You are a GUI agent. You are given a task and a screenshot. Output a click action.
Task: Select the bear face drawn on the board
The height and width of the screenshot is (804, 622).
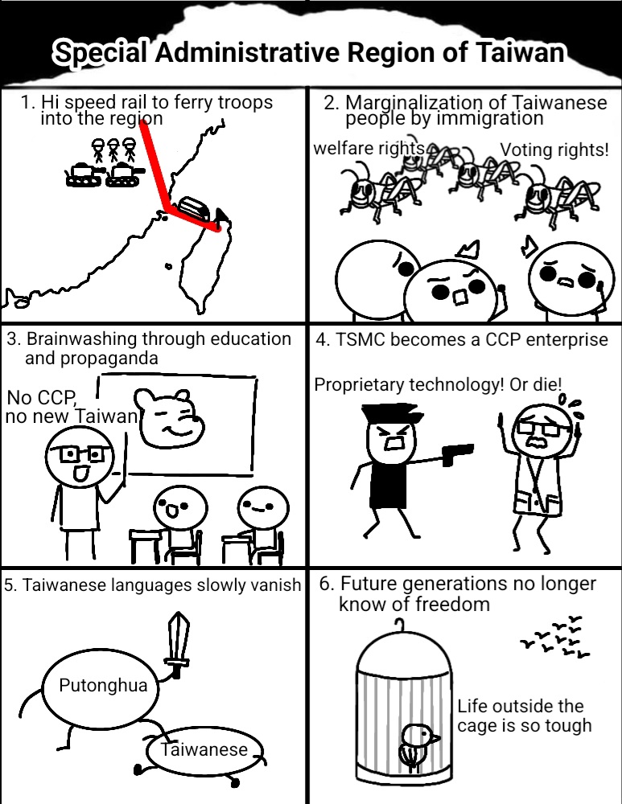pos(168,418)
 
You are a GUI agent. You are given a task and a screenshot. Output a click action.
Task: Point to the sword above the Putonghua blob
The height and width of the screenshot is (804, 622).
pos(178,645)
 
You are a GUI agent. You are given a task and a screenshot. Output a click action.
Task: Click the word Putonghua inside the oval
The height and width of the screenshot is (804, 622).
pos(103,686)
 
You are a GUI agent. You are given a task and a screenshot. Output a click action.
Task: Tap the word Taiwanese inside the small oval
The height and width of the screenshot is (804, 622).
pos(204,749)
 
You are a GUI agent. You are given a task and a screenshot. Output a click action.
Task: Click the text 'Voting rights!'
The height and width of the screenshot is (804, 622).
pos(554,150)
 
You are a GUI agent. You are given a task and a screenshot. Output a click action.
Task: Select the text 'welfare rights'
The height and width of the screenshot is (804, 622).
pos(369,148)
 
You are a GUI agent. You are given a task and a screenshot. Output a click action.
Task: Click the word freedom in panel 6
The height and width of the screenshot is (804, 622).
pos(451,604)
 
